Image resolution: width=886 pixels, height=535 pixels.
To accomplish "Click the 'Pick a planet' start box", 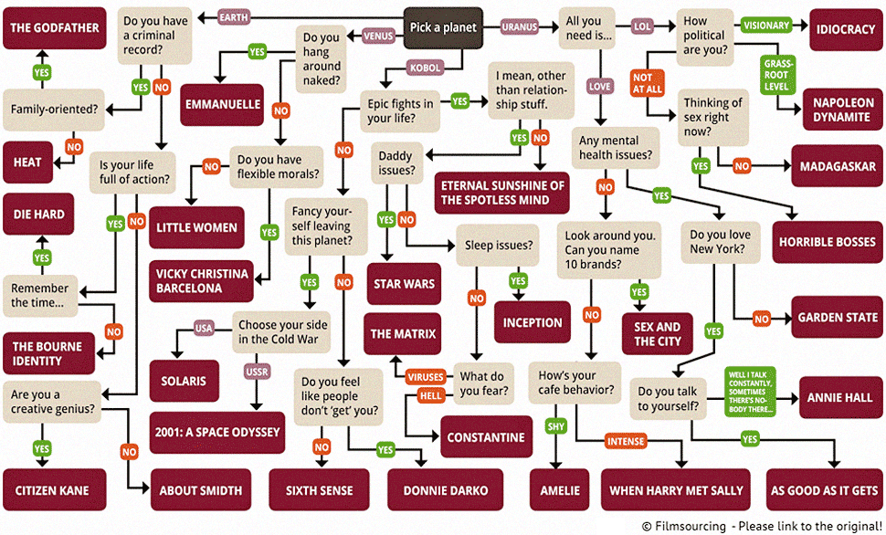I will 443,27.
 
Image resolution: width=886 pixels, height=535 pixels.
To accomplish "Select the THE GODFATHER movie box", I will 55,27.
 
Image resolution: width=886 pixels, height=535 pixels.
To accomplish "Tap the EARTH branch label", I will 234,16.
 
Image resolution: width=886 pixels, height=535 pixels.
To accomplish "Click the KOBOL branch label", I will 426,68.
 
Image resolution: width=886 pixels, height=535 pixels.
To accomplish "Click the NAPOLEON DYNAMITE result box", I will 843,110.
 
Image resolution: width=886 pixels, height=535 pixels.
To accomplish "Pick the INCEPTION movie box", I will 533,322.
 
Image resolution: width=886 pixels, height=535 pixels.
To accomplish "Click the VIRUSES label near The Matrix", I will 426,377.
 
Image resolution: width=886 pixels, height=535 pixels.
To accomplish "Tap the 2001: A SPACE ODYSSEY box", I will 216,431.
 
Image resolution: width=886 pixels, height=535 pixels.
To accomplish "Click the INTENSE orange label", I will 627,441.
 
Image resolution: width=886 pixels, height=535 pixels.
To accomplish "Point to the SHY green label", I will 556,426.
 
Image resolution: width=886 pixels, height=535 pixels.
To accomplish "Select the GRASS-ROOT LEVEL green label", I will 775,74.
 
